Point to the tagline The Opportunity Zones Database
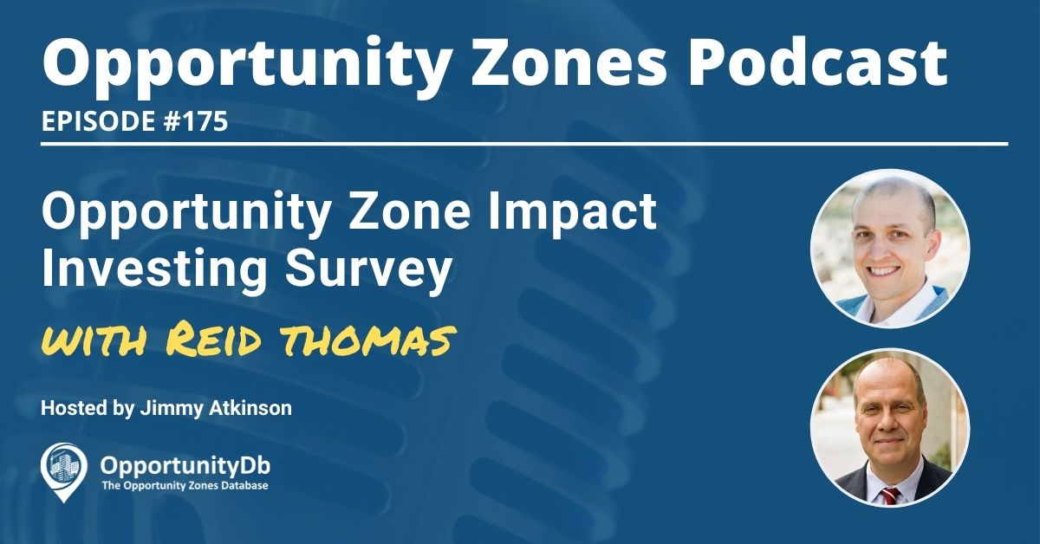[184, 486]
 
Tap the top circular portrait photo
[889, 248]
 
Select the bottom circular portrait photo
[889, 427]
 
